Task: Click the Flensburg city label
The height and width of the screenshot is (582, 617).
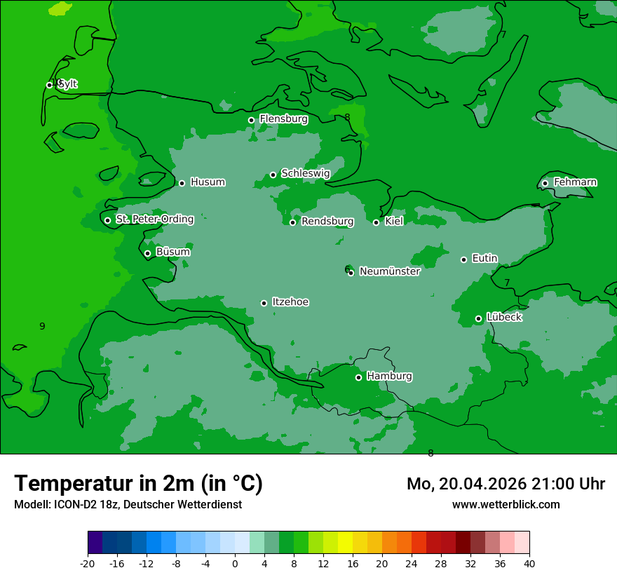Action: click(x=283, y=119)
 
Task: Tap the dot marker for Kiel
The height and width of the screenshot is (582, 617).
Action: click(x=376, y=222)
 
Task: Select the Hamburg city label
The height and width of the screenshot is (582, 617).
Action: click(x=389, y=377)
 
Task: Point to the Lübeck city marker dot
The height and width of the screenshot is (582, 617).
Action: click(x=478, y=318)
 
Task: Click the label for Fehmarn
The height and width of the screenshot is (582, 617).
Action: click(x=575, y=182)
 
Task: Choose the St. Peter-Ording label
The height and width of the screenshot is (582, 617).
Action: click(x=154, y=219)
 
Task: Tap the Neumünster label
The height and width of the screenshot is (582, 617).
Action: click(x=390, y=272)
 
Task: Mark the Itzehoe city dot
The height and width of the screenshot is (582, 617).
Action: click(x=264, y=303)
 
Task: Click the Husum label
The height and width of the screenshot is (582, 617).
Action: click(x=208, y=182)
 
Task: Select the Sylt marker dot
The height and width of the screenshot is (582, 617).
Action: click(x=49, y=85)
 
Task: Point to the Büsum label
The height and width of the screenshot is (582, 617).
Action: click(x=172, y=252)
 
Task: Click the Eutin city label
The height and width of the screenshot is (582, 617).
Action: click(x=484, y=259)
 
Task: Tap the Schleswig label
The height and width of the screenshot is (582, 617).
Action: click(x=305, y=173)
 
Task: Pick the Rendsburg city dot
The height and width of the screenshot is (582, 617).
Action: click(x=292, y=222)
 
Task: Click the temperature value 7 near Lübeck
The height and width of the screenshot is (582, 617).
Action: click(x=507, y=283)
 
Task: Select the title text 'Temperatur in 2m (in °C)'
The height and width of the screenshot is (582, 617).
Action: click(x=138, y=484)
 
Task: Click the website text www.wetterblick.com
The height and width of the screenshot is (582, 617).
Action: click(x=506, y=505)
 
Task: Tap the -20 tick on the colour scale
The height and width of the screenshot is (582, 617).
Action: click(x=88, y=563)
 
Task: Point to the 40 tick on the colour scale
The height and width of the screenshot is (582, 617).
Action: click(x=529, y=563)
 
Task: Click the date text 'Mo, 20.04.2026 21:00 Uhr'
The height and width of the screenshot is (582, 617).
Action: click(x=506, y=484)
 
